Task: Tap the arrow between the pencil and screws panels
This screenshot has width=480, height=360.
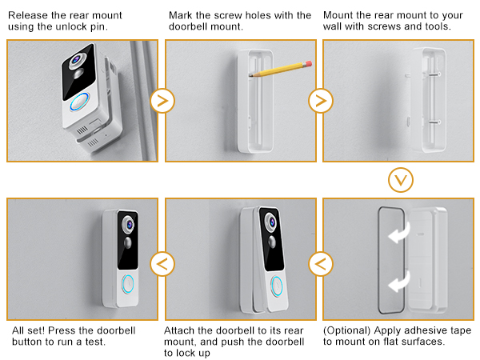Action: pos(321,102)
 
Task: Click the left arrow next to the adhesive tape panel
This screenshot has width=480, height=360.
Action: pos(321,262)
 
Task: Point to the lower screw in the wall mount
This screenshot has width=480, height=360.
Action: pos(432,122)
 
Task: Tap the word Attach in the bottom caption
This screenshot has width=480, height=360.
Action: pos(181,330)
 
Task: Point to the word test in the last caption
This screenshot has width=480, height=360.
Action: pos(116,342)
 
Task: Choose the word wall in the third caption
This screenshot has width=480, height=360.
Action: pos(336,28)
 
